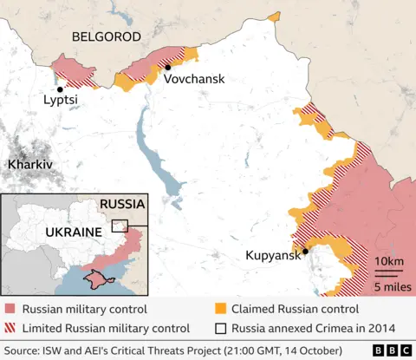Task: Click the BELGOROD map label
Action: [x=106, y=36]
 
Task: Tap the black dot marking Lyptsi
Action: [x=60, y=88]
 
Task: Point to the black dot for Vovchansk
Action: [x=166, y=67]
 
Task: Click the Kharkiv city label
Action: [x=29, y=164]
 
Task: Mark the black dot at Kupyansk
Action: [x=305, y=252]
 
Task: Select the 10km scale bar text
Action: [x=389, y=262]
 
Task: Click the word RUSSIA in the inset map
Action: [x=122, y=204]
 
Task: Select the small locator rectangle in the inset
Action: [x=120, y=226]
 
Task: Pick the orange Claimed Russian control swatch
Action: [x=221, y=309]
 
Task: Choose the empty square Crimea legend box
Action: [x=221, y=328]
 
